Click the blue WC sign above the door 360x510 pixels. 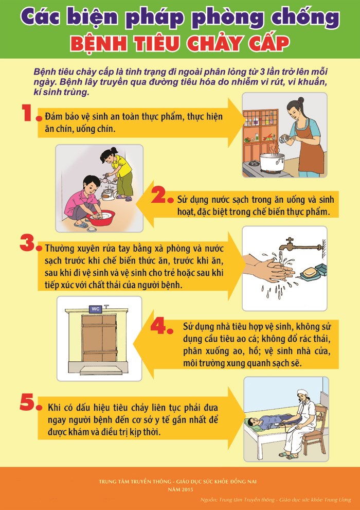(96, 309)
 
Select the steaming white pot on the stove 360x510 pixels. (272, 161)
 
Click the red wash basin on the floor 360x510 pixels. (100, 218)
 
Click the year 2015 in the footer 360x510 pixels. (186, 489)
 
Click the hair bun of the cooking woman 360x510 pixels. (301, 100)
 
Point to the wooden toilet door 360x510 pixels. (99, 338)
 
